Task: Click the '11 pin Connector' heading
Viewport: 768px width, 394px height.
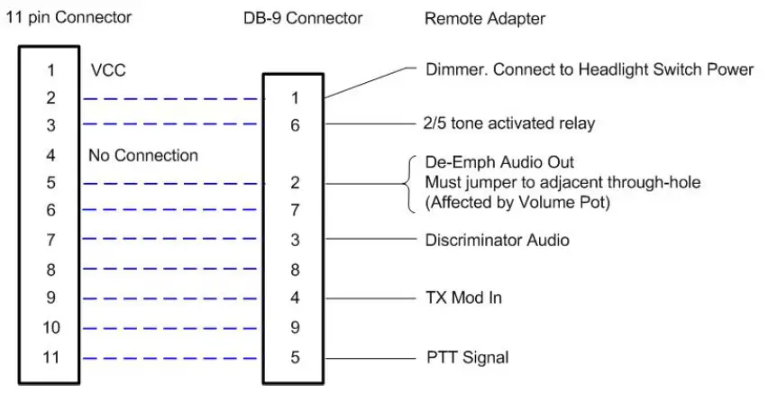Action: pos(69,17)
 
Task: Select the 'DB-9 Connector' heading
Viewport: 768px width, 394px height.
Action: pos(303,18)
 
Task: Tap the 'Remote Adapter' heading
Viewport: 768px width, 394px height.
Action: pos(485,18)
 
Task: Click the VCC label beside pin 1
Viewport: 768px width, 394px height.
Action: pos(108,70)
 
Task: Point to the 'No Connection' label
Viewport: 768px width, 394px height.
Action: pos(143,156)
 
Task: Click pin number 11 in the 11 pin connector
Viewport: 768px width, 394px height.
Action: pos(51,357)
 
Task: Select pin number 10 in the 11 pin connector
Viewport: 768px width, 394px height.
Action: pos(51,328)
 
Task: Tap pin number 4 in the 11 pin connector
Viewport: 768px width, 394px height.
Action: pos(51,156)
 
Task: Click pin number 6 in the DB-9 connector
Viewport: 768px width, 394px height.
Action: pos(294,127)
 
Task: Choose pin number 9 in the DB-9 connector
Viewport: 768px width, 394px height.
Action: pos(294,328)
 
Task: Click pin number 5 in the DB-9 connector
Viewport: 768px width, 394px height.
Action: pos(294,357)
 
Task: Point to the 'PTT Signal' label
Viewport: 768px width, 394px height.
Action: pos(466,358)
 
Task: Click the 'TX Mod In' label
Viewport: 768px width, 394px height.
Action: pos(462,298)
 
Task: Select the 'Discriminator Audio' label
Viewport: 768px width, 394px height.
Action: pos(497,241)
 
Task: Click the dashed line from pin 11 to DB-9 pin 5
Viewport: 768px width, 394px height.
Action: pos(171,358)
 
